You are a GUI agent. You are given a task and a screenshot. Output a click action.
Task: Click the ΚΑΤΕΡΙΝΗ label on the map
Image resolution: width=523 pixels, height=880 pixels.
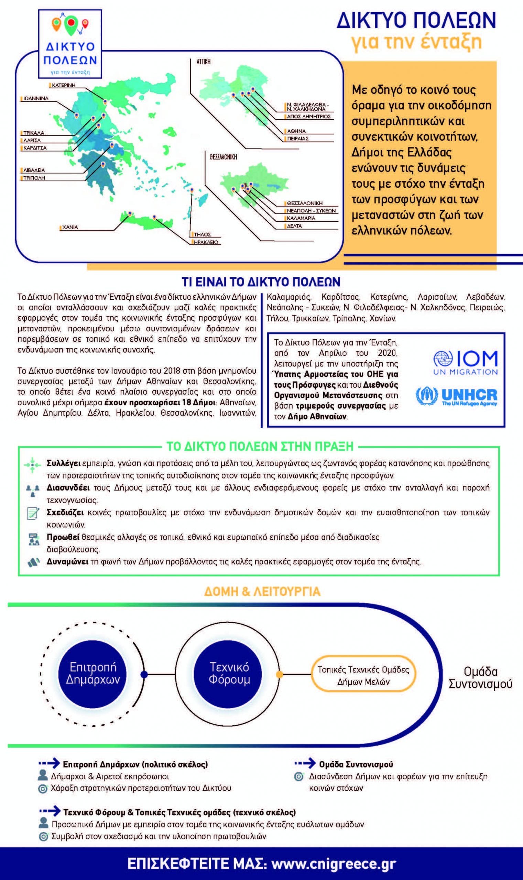[64, 85]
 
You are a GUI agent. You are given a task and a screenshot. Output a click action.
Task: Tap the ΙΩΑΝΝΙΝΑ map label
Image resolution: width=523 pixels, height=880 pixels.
[36, 99]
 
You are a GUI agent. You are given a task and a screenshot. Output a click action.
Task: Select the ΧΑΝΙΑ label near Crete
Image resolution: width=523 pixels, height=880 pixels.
[70, 228]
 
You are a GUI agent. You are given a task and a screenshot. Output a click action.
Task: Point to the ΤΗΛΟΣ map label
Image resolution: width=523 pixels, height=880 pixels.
[202, 235]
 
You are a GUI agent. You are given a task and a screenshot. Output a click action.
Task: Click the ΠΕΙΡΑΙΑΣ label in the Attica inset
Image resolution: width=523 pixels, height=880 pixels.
[298, 139]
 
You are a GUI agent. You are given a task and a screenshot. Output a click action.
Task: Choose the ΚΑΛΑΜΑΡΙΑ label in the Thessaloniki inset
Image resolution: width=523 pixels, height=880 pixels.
[301, 218]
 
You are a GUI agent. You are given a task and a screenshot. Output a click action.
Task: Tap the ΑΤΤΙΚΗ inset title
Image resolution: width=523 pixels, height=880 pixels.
[203, 62]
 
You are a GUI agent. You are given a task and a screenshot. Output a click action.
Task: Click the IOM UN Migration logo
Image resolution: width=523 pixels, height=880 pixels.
[465, 363]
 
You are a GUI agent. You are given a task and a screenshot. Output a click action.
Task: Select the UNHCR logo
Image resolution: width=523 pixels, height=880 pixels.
[457, 397]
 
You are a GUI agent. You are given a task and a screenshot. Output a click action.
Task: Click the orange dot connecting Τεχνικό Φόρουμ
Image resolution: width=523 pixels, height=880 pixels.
[279, 675]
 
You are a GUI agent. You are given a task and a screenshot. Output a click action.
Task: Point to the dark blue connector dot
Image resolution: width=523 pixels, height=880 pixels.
[144, 675]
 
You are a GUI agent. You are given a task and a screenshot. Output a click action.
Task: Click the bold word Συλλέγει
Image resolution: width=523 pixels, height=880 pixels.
[64, 463]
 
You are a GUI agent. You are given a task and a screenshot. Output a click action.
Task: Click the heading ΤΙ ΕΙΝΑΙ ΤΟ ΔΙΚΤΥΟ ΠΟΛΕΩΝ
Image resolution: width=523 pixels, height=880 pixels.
[261, 282]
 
